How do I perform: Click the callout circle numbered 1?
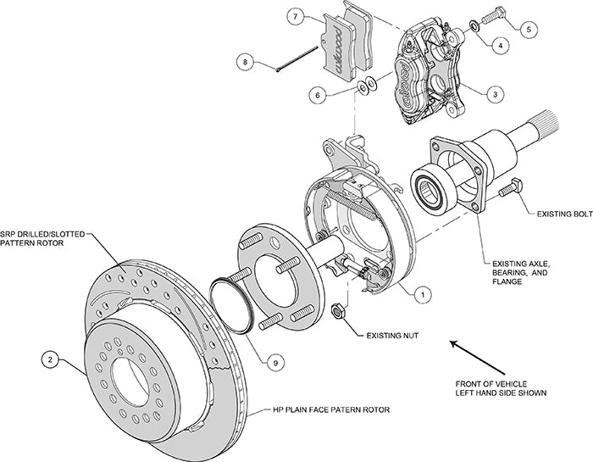click(418, 293)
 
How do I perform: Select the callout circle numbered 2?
click(50, 359)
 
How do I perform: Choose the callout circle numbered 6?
click(318, 96)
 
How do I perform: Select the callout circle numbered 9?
click(274, 362)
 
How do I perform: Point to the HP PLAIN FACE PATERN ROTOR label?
click(330, 409)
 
